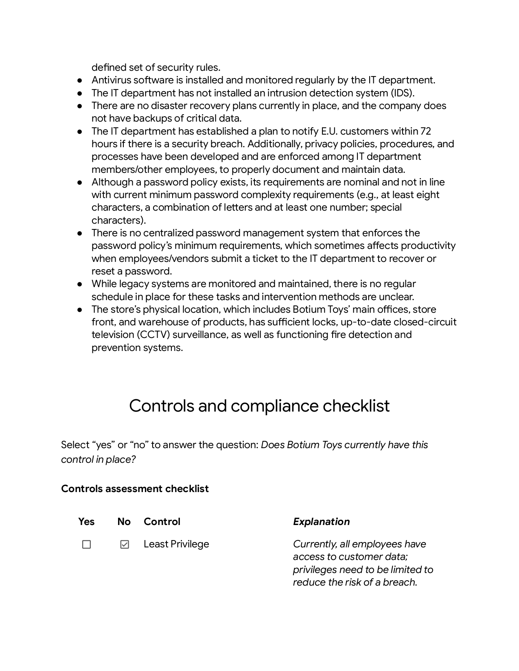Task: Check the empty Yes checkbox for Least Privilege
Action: click(86, 544)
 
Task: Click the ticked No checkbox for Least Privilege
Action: click(125, 544)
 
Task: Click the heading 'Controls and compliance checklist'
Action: click(259, 406)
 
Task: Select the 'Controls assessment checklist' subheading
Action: click(135, 488)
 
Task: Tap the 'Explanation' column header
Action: click(321, 521)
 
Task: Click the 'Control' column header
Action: click(162, 521)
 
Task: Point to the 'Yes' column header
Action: click(86, 521)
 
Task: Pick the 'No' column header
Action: click(124, 521)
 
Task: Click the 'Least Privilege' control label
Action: click(176, 544)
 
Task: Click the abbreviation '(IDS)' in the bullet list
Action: click(402, 93)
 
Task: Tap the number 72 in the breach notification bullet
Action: click(425, 131)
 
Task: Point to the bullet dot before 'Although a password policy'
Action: click(80, 182)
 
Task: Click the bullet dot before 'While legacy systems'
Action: click(80, 284)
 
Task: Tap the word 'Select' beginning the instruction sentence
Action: click(75, 445)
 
